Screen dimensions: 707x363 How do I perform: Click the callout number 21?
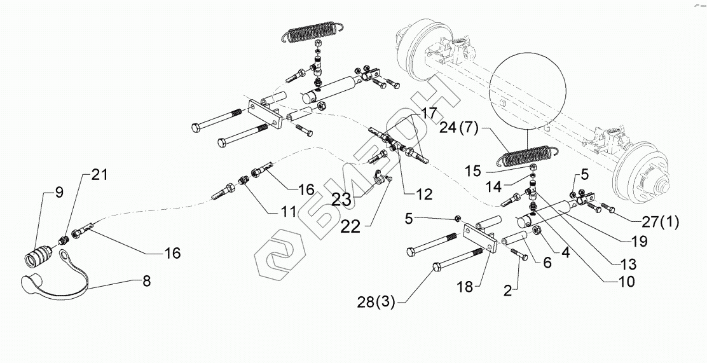[100, 175]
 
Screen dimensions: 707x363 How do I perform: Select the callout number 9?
[60, 193]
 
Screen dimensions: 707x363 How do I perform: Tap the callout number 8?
[146, 281]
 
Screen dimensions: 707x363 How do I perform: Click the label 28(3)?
[376, 302]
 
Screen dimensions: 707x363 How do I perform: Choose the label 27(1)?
[661, 222]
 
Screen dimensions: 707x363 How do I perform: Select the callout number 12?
[424, 195]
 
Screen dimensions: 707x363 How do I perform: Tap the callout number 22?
[350, 226]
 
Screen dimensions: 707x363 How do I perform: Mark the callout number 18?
[465, 286]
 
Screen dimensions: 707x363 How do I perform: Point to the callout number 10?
[626, 282]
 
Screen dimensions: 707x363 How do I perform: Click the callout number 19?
[639, 242]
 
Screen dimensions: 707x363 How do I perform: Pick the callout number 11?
[288, 210]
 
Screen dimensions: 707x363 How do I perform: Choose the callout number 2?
[508, 291]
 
